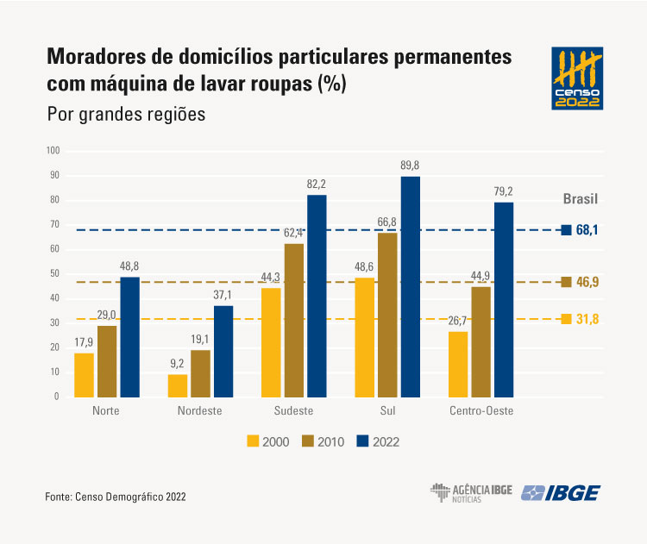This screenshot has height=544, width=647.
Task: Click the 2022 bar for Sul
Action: pyautogui.click(x=410, y=287)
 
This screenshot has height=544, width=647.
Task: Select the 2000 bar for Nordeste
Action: pyautogui.click(x=177, y=385)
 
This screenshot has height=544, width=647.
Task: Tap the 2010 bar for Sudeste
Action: pyautogui.click(x=294, y=320)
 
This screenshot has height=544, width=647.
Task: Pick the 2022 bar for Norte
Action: pyautogui.click(x=129, y=336)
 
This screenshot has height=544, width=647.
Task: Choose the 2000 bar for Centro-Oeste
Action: pyautogui.click(x=457, y=364)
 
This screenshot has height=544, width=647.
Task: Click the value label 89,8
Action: pyautogui.click(x=410, y=166)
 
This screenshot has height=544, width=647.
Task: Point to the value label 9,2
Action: pyautogui.click(x=177, y=364)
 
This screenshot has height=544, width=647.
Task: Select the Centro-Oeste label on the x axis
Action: pyautogui.click(x=481, y=411)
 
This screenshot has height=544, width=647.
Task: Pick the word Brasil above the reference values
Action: pyautogui.click(x=581, y=199)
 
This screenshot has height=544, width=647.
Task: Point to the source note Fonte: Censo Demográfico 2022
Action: pyautogui.click(x=116, y=497)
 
